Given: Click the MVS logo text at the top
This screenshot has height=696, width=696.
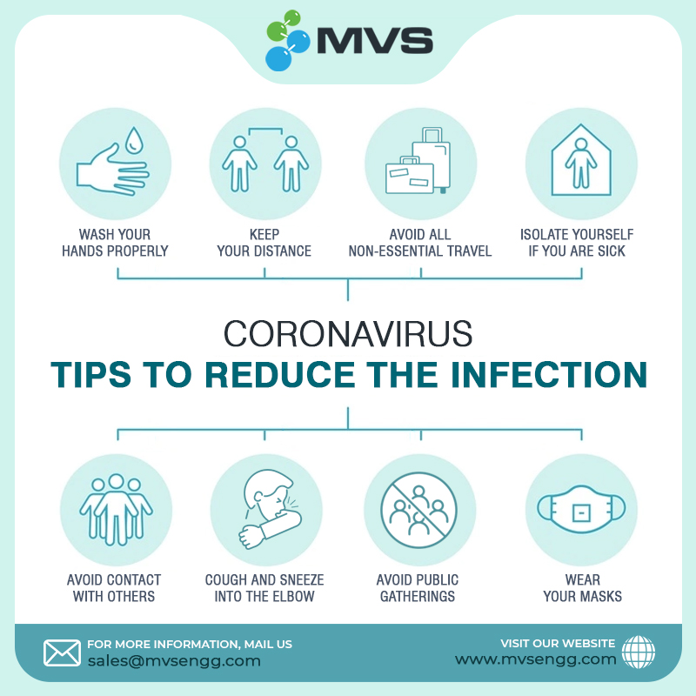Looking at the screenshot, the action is (x=375, y=40).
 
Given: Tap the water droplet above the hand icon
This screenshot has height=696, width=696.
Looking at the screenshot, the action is (x=134, y=140).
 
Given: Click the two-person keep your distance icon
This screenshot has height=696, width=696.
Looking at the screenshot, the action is (x=265, y=160).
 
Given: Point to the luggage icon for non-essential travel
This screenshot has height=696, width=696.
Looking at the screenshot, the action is (x=418, y=161).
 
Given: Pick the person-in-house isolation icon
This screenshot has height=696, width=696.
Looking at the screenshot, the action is (x=581, y=160).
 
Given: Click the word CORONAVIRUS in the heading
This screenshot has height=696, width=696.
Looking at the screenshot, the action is (x=348, y=334).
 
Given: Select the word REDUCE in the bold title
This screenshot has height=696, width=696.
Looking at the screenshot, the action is (x=280, y=375).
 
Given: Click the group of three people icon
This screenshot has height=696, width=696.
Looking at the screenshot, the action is (x=116, y=510).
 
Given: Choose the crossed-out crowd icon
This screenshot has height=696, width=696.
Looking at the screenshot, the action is (x=418, y=510).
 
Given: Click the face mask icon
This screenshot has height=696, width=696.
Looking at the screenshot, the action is (x=581, y=509).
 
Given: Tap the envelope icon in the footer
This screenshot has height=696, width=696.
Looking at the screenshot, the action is (x=62, y=653).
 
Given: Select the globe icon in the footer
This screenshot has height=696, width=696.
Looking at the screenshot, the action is (x=639, y=652).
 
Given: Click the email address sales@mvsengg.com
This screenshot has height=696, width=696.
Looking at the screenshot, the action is (x=174, y=661).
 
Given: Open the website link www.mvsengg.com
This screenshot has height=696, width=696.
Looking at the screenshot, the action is (x=536, y=659).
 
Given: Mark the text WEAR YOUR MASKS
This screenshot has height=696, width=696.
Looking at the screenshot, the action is (x=582, y=588).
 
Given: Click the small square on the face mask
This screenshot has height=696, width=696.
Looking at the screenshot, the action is (x=581, y=513).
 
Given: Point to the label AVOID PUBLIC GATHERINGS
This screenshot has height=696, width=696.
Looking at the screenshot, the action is (x=418, y=588).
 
